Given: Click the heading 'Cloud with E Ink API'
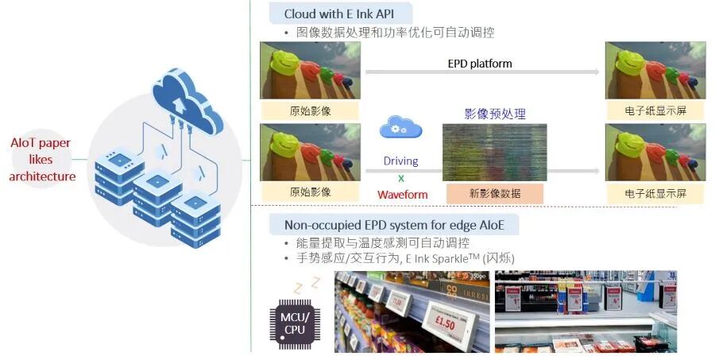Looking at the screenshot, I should tap(338, 14).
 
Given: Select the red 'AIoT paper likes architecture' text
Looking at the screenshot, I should tap(42, 160).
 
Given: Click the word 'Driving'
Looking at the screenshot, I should tap(400, 161).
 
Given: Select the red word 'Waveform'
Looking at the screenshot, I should tap(402, 195).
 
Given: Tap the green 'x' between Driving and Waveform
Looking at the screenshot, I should tap(401, 178).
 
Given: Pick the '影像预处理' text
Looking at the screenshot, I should tap(495, 114).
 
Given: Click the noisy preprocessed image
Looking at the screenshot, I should tap(494, 153).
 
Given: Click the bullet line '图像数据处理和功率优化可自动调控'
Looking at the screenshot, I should tap(394, 33).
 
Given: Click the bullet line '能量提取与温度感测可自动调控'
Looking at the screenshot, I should tap(383, 242).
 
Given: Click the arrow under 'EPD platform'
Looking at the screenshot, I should tap(482, 72).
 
